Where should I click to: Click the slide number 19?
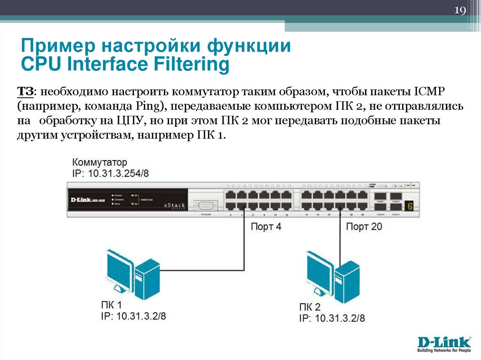460,11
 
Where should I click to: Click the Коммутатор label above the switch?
100,162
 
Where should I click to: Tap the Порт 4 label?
266,227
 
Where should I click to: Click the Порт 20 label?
364,227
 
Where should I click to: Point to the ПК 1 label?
111,305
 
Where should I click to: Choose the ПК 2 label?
310,307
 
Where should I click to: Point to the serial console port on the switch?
207,205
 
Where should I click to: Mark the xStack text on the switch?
175,205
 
